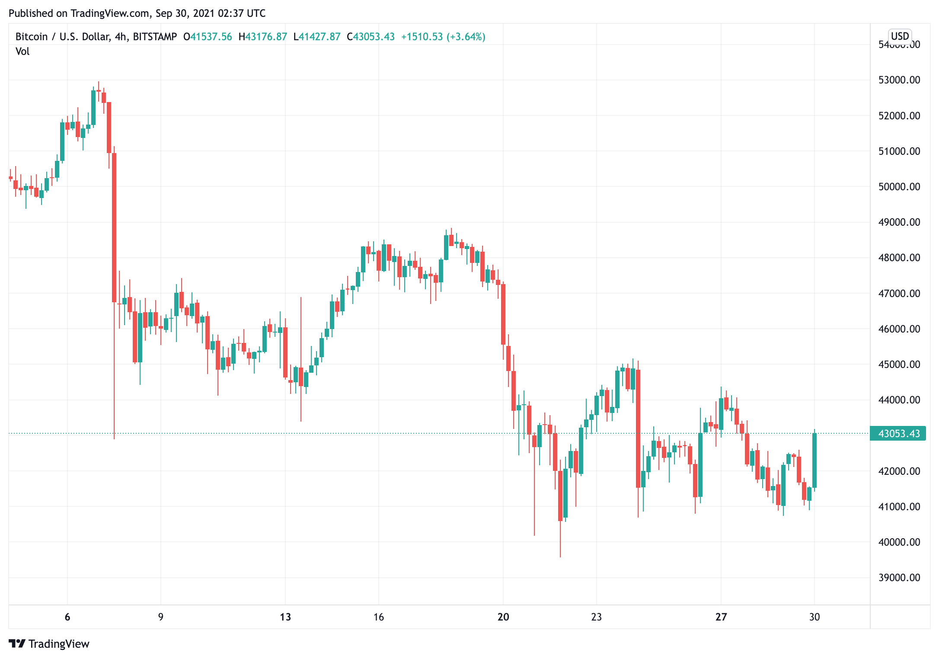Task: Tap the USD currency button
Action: tap(900, 36)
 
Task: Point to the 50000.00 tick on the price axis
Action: tap(899, 187)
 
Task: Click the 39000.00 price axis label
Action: tap(899, 578)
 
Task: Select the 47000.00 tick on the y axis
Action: tap(899, 294)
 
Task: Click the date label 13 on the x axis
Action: tap(285, 617)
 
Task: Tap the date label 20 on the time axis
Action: tap(503, 617)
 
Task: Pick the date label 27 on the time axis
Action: tap(721, 617)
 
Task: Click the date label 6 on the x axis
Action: tap(67, 617)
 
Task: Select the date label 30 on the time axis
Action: tap(814, 617)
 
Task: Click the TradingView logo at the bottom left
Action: tap(49, 644)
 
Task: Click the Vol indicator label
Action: tap(22, 51)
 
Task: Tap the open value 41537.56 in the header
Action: tap(211, 37)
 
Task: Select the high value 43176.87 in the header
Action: tap(266, 37)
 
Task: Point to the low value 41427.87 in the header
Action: tap(319, 37)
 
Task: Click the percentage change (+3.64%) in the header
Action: tap(466, 37)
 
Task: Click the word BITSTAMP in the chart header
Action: tap(155, 37)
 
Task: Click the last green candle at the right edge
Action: tap(814, 460)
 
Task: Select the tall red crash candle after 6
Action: tap(114, 227)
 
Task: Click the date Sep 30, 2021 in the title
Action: tap(185, 13)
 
